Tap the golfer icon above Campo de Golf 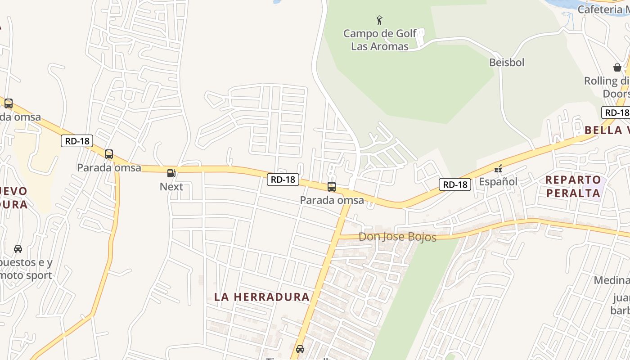tap(379, 20)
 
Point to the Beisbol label tap(507, 62)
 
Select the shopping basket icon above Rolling tap(617, 67)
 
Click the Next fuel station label tap(171, 186)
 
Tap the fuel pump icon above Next tap(171, 173)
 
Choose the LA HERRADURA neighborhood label tap(262, 297)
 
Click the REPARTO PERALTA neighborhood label tap(573, 186)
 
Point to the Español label tap(498, 182)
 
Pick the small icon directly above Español tap(498, 169)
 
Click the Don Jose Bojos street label tap(397, 237)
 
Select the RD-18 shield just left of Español tap(454, 184)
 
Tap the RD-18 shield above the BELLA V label tap(616, 112)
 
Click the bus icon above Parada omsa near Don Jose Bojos tap(332, 187)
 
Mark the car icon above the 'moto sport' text tap(18, 249)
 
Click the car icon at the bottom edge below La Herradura tap(300, 349)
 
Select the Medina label tap(612, 280)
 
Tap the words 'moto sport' tap(26, 275)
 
